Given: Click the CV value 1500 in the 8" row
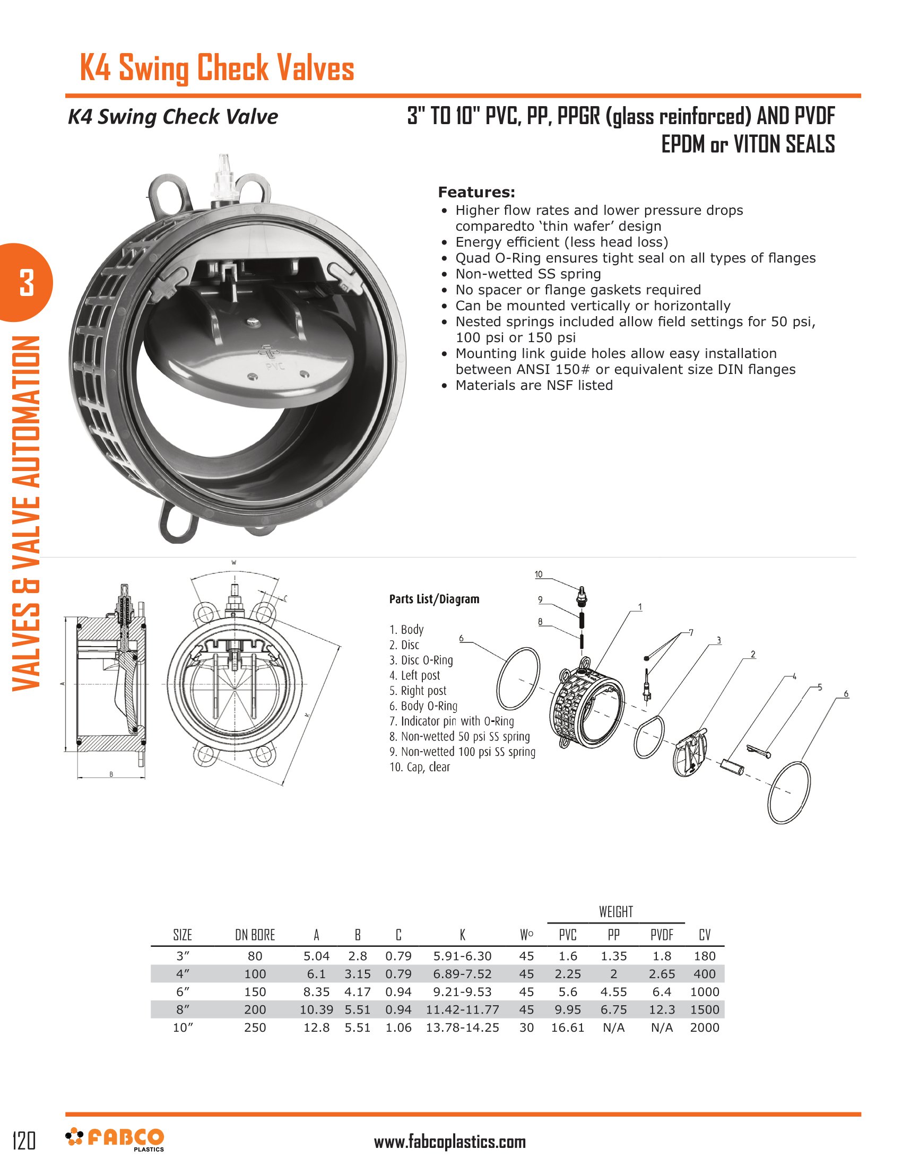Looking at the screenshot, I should [x=704, y=1009].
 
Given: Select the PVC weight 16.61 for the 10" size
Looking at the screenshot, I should [x=568, y=1027].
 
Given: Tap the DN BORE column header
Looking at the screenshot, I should [x=255, y=935].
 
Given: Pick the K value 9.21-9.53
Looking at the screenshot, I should [x=462, y=992].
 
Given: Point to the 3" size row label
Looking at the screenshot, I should [x=183, y=956].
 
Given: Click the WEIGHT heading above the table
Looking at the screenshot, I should [x=615, y=911].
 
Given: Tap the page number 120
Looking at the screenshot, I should [x=24, y=1140].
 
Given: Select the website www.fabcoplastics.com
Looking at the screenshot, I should [x=449, y=1142].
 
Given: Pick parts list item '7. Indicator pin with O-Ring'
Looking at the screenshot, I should [x=452, y=721].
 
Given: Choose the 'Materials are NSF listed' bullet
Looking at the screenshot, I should [x=534, y=385].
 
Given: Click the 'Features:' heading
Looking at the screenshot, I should [x=476, y=193].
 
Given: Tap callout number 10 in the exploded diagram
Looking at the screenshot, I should [x=539, y=574].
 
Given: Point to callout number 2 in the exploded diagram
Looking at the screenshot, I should [x=753, y=655].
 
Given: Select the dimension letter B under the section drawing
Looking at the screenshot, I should [x=111, y=774].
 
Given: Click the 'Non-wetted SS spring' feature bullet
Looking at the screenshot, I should [x=528, y=274].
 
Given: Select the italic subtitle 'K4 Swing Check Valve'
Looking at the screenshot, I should [x=172, y=117].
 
